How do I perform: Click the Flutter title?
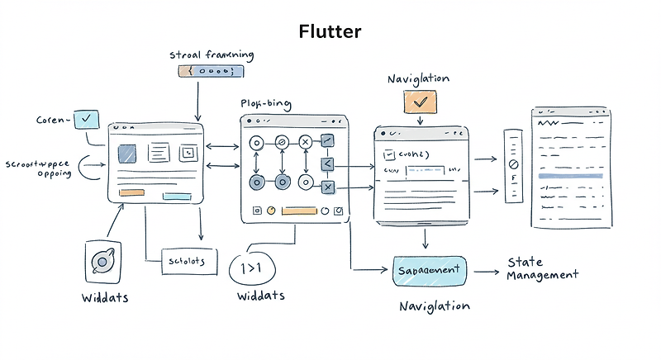pos(330,32)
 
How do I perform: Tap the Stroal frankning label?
pos(211,55)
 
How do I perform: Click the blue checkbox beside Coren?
pos(86,120)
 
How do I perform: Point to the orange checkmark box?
pos(419,102)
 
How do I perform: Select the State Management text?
pos(542,269)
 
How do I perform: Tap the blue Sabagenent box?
pos(430,271)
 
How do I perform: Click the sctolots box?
pos(187,261)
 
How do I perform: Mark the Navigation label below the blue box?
pos(434,306)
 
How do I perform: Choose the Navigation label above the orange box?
pos(418,78)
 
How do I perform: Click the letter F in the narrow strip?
pos(512,178)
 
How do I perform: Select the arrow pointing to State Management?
pos(486,271)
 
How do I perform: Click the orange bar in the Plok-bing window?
pos(299,211)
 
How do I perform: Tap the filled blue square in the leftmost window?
pos(127,154)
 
